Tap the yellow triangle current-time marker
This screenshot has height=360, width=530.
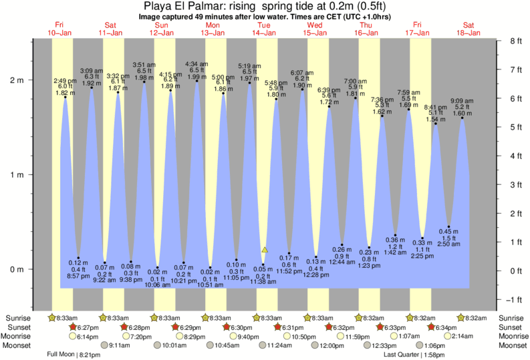tap(265, 249)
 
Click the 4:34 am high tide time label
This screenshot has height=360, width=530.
tap(196, 63)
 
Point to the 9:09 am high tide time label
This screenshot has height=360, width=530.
tap(462, 101)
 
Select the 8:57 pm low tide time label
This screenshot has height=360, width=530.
tap(78, 276)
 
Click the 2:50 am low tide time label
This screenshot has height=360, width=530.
tap(449, 246)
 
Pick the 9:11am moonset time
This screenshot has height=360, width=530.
tap(119, 346)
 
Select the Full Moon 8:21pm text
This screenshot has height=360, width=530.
tap(74, 355)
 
